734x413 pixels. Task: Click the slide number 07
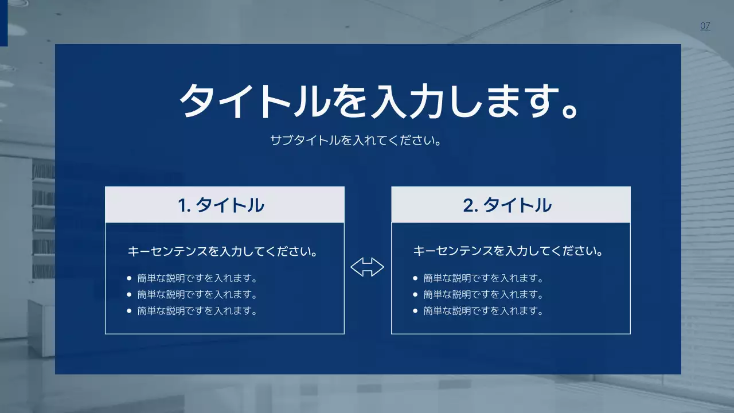coord(705,26)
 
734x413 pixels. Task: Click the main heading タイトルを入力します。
coord(380,102)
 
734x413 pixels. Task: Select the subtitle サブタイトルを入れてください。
coord(356,140)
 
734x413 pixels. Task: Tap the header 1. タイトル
coord(221,205)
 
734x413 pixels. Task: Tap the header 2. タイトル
coord(507,205)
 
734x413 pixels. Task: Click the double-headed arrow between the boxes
coord(367,267)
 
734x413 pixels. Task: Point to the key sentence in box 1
coord(222,251)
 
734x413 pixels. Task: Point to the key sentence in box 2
coord(508,251)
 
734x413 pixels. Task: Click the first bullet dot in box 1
coord(129,279)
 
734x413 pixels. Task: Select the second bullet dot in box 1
coord(129,295)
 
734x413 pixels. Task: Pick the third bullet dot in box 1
coord(129,311)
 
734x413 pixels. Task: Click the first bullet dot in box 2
coord(415,279)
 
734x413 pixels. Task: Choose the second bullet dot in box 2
coord(415,295)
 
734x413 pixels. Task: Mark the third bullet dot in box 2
coord(415,311)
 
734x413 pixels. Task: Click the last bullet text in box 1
coord(197,311)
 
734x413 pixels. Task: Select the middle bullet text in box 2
coord(483,295)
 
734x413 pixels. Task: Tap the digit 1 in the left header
coord(183,205)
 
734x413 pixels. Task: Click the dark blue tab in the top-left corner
coord(3,22)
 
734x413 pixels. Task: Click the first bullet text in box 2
coord(483,279)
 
